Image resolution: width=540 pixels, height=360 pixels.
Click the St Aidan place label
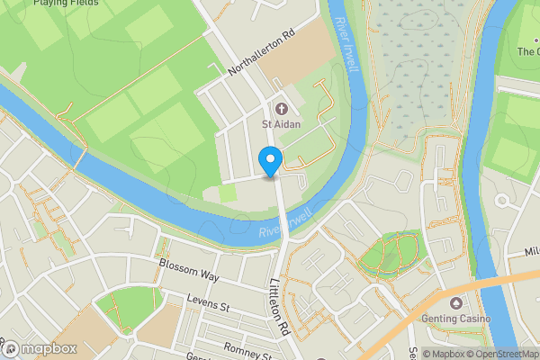pyautogui.click(x=281, y=123)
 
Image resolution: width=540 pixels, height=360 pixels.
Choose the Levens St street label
pyautogui.click(x=209, y=303)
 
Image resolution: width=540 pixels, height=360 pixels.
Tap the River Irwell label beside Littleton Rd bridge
pyautogui.click(x=286, y=224)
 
